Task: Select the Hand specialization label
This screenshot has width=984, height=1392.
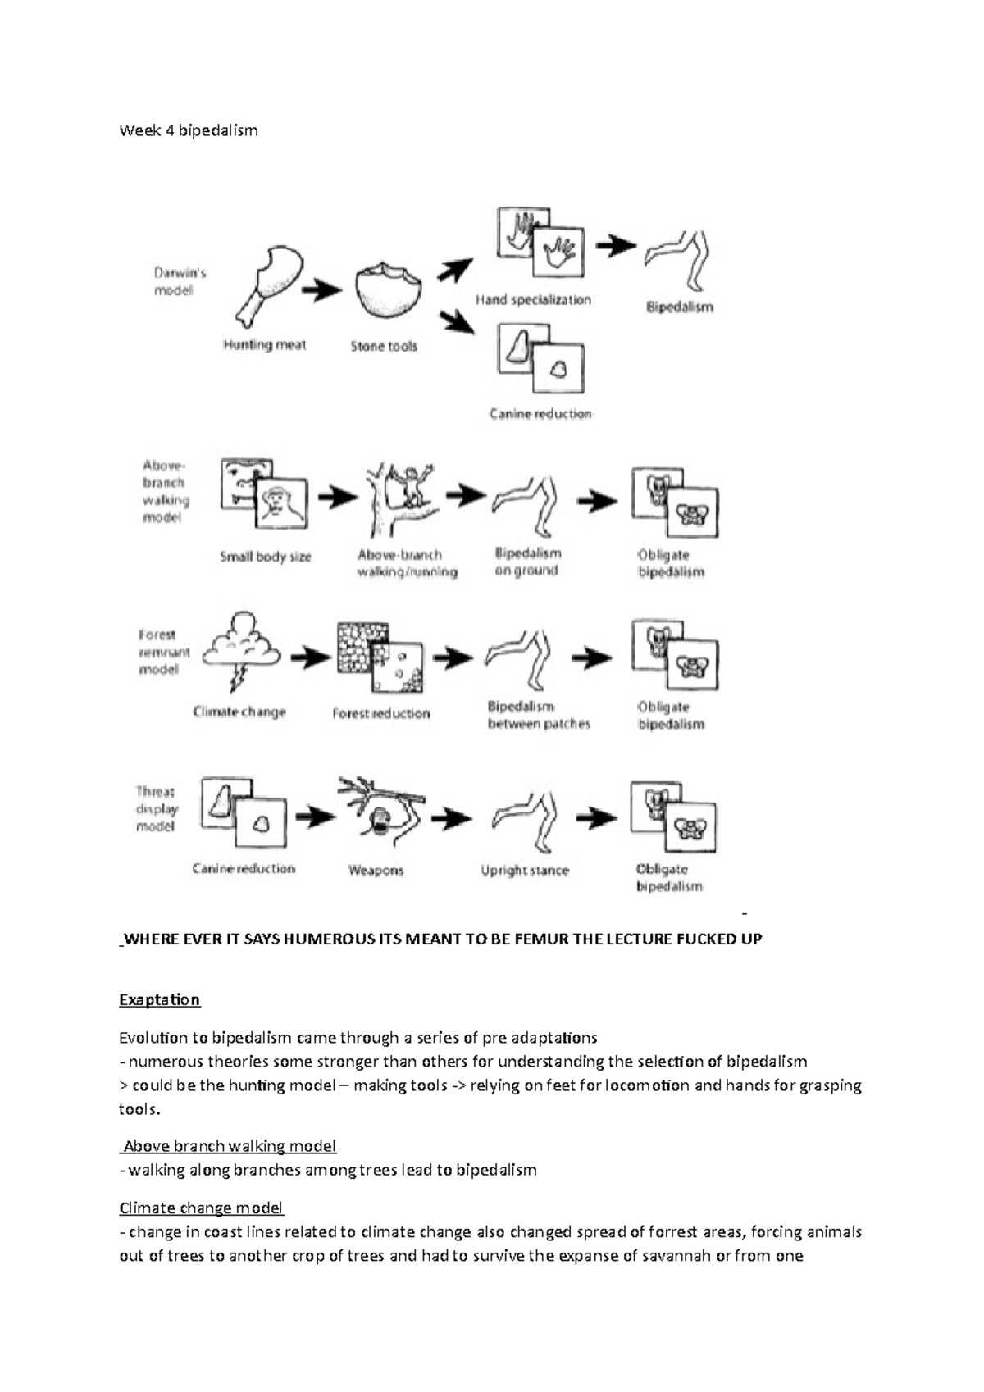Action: [533, 300]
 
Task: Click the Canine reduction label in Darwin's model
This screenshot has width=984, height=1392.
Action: [540, 414]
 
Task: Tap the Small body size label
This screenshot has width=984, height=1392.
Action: [265, 557]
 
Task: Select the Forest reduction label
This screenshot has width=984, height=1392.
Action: [380, 713]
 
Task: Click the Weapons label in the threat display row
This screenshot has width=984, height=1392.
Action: [376, 871]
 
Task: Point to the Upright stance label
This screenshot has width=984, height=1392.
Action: [524, 871]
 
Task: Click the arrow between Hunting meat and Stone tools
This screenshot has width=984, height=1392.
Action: [321, 289]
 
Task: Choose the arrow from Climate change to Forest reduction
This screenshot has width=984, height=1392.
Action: [311, 657]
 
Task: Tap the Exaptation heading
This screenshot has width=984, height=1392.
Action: [159, 1000]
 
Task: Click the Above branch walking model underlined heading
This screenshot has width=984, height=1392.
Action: [230, 1146]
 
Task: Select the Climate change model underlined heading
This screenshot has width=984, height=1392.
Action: [201, 1208]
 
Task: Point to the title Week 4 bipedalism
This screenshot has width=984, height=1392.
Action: [189, 130]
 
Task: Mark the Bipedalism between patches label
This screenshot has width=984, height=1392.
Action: [538, 715]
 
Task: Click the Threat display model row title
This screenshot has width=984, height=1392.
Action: [156, 809]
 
